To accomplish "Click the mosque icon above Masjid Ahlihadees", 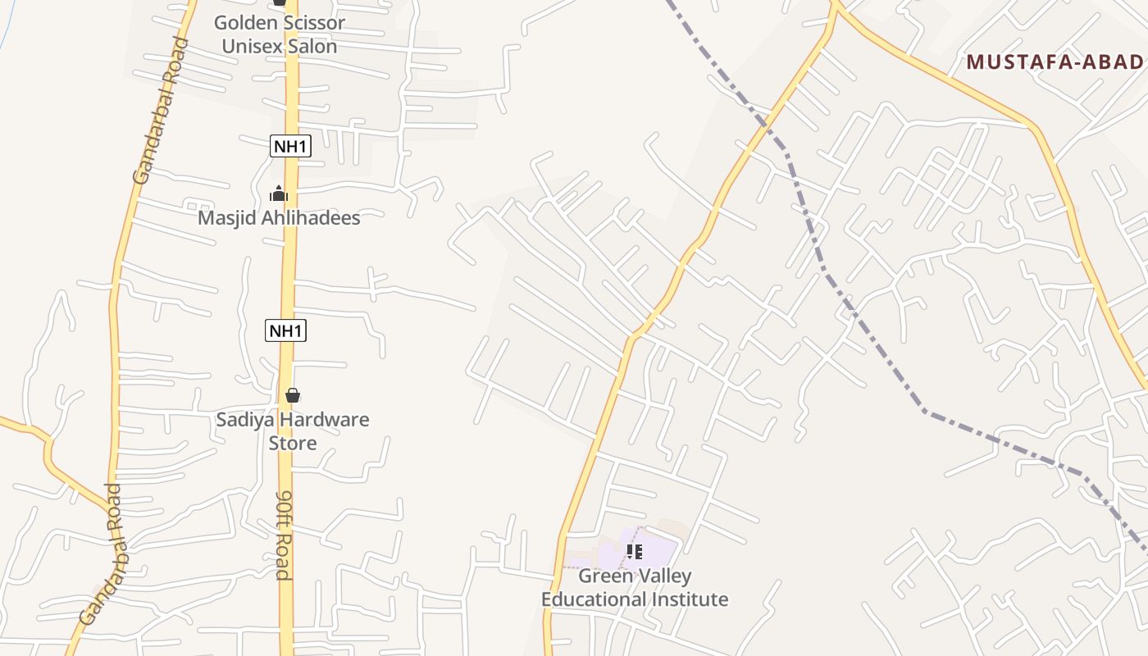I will (279, 194).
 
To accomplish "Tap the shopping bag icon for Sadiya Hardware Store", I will (293, 395).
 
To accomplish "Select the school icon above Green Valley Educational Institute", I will (634, 552).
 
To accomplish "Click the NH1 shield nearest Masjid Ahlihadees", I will (290, 147).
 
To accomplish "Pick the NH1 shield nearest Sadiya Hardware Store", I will (286, 331).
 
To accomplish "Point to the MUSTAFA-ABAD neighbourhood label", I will (1055, 61).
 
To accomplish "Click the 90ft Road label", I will (284, 535).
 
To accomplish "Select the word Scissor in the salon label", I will (312, 23).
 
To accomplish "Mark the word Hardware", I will (326, 420).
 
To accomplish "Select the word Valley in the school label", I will (664, 576).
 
